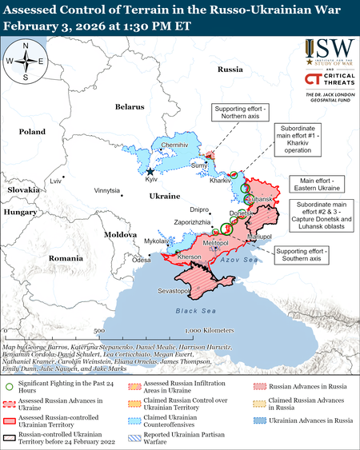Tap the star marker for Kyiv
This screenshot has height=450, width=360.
[x=150, y=171]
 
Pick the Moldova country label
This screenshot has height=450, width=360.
[x=118, y=234]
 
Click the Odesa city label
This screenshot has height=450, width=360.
[x=142, y=260]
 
